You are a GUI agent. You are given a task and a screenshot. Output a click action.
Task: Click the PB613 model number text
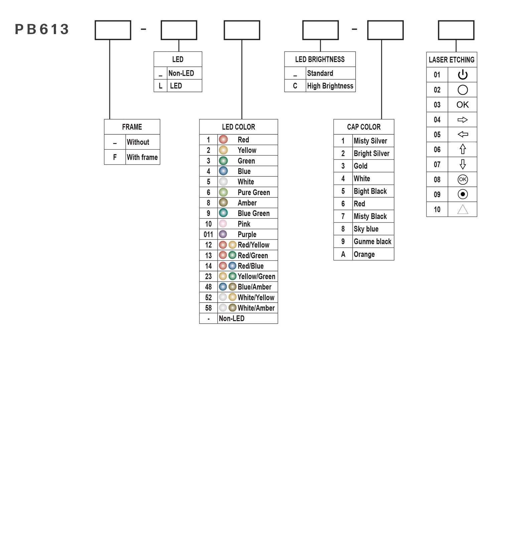[42, 29]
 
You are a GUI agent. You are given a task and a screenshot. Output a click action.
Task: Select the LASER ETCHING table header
[452, 60]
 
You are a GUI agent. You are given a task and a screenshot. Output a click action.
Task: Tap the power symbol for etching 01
[463, 75]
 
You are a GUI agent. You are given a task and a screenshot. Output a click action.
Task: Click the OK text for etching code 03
[463, 105]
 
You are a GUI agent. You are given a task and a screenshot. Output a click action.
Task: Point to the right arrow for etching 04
[463, 120]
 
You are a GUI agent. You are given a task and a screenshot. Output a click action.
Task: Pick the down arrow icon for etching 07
[463, 164]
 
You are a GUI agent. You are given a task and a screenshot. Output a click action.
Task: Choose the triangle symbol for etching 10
[463, 209]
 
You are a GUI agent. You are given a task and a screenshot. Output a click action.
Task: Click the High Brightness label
[330, 86]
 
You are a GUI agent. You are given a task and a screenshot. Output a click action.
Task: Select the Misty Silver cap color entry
[370, 141]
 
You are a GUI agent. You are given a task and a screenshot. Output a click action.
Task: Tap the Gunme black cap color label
[372, 242]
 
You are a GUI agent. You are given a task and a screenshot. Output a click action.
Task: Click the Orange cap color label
[364, 254]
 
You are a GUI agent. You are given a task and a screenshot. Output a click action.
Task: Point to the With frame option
[142, 157]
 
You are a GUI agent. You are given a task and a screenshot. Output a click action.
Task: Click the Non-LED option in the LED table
[181, 73]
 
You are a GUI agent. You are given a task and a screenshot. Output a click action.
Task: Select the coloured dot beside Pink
[223, 224]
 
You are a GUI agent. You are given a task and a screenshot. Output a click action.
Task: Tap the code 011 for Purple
[208, 234]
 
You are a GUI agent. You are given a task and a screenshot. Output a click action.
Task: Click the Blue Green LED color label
[254, 213]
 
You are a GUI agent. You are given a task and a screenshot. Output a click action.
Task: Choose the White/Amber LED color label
[256, 308]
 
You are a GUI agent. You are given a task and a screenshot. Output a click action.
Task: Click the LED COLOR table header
[239, 127]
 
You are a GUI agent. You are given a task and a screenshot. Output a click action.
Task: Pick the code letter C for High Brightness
[295, 86]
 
